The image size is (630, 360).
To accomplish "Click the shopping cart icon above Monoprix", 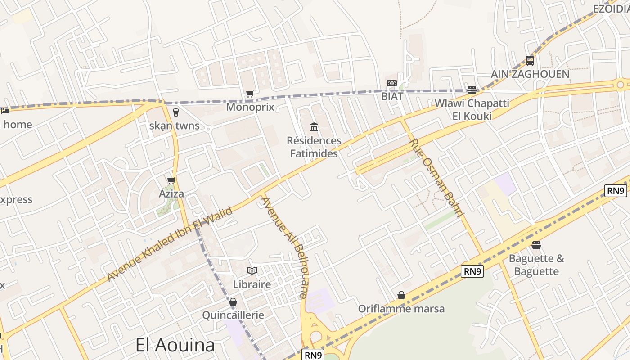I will pyautogui.click(x=250, y=94).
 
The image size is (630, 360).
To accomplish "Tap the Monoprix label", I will pyautogui.click(x=250, y=107).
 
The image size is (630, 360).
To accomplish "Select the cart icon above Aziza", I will pyautogui.click(x=171, y=181).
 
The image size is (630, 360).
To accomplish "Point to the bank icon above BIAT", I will pyautogui.click(x=392, y=83).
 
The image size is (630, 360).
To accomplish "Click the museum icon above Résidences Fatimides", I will pyautogui.click(x=314, y=127).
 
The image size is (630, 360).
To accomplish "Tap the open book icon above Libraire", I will pyautogui.click(x=252, y=271).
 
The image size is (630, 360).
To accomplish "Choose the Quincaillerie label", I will pyautogui.click(x=233, y=315).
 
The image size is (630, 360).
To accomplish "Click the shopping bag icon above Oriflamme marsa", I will pyautogui.click(x=401, y=295).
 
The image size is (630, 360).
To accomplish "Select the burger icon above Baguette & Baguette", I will pyautogui.click(x=536, y=245).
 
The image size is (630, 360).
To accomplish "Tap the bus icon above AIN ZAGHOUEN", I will pyautogui.click(x=530, y=60).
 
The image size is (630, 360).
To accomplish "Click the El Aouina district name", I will pyautogui.click(x=175, y=345).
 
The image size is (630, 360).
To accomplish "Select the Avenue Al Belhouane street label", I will pyautogui.click(x=285, y=247).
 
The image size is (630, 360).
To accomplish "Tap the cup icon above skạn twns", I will pyautogui.click(x=176, y=112).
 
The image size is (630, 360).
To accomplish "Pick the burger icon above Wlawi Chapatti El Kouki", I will pyautogui.click(x=472, y=90).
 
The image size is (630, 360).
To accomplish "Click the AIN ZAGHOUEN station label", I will pyautogui.click(x=530, y=74).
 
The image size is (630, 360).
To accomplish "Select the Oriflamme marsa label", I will pyautogui.click(x=401, y=309).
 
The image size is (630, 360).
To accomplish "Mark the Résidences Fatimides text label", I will pyautogui.click(x=314, y=147).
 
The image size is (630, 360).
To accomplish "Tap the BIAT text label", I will pyautogui.click(x=392, y=96).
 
